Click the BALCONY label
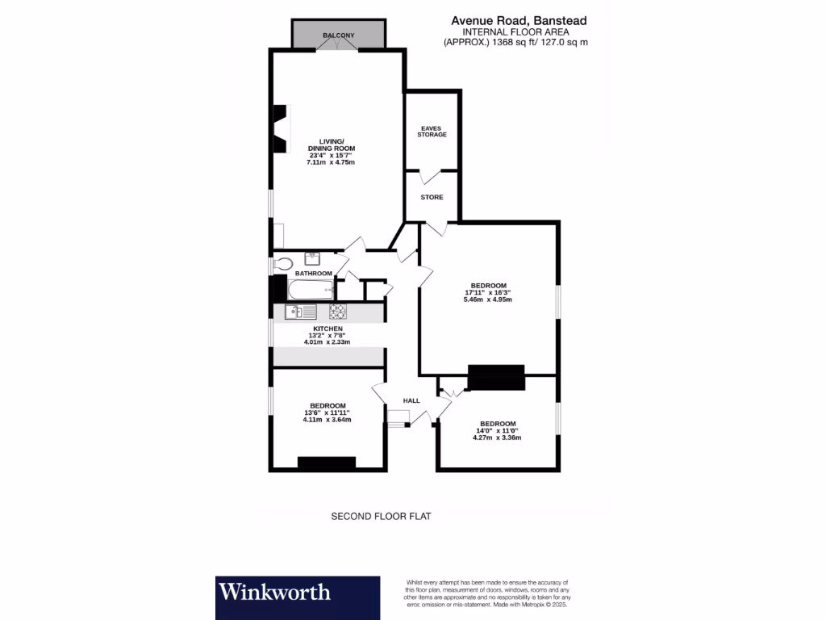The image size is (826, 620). tap(339, 36)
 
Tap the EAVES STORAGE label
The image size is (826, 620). tap(432, 131)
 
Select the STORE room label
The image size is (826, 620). tap(432, 197)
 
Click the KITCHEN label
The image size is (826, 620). tap(328, 329)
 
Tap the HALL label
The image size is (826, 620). tap(411, 400)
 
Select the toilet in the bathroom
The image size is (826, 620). tap(282, 262)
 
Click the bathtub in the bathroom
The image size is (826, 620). tap(311, 290)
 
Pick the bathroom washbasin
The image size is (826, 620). tap(312, 258)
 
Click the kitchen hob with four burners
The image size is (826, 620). tap(337, 312)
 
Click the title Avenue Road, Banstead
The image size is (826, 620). tap(519, 21)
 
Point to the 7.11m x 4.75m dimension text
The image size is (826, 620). tap(331, 162)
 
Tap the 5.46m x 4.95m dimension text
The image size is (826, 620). tap(488, 300)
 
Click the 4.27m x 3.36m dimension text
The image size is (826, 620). tap(497, 438)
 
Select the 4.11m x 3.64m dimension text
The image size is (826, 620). tap(327, 420)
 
